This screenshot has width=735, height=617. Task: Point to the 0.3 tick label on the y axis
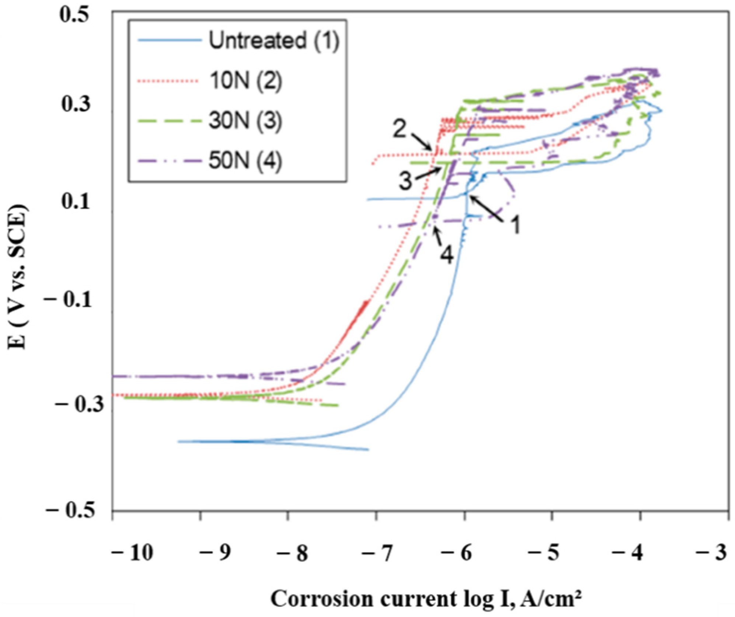click(75, 104)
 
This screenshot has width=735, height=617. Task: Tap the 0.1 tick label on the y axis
click(75, 202)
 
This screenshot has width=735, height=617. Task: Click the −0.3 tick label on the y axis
click(73, 405)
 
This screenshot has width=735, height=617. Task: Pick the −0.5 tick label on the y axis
click(69, 511)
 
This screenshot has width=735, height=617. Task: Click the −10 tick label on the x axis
click(132, 552)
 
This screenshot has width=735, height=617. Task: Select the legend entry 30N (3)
click(245, 120)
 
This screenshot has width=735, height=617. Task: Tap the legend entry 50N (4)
click(245, 161)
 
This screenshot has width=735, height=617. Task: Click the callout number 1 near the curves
click(515, 224)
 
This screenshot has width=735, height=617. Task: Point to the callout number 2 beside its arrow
click(399, 128)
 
